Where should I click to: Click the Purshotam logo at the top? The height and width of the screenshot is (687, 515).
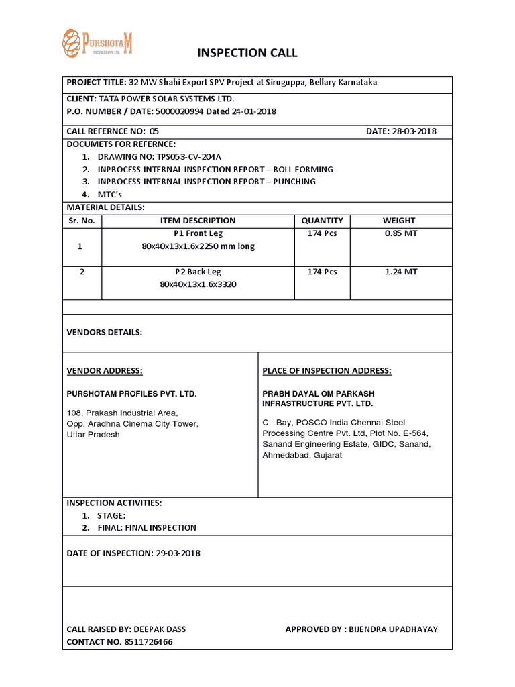tap(97, 44)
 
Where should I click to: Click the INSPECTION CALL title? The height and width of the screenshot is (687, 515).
tap(246, 53)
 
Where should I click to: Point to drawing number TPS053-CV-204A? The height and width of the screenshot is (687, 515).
tap(190, 156)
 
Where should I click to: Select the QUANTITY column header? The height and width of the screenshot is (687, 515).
tap(322, 220)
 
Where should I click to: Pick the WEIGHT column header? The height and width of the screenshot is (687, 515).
tap(399, 220)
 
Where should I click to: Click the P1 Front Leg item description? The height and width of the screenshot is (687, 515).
tap(198, 233)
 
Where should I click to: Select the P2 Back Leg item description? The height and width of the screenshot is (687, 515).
tap(198, 272)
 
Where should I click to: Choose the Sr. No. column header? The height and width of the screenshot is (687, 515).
tap(81, 220)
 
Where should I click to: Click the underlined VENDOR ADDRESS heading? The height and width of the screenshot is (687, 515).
tap(104, 371)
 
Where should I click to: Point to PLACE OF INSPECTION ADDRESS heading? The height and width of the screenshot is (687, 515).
tap(327, 371)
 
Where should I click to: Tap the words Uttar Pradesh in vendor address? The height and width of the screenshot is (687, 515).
tap(93, 435)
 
